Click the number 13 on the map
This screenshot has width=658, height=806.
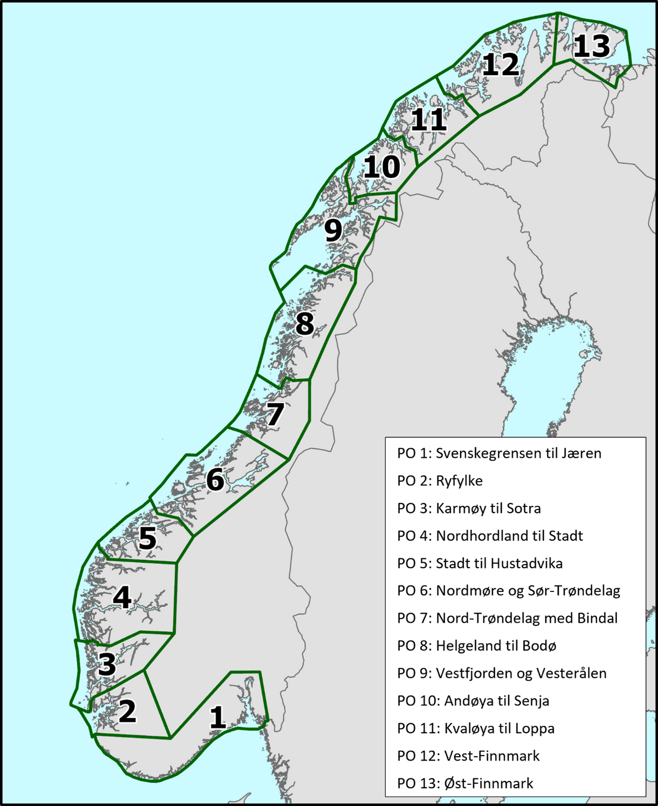point(592,47)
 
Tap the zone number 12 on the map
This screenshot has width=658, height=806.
point(500,65)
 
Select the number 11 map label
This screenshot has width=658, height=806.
point(429,120)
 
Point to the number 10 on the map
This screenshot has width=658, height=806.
point(382,167)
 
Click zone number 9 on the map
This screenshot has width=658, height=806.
point(333,230)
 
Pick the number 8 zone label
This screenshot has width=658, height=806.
point(304,323)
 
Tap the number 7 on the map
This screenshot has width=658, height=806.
point(275,414)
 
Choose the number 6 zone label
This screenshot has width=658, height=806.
point(215,480)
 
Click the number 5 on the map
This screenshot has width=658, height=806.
point(147,538)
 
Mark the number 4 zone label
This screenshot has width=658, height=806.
point(122,597)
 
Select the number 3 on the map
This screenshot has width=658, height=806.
point(107,664)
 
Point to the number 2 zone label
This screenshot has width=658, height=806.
point(127,711)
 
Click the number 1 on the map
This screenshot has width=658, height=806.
point(217,717)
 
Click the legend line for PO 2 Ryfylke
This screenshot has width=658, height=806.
point(440,481)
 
